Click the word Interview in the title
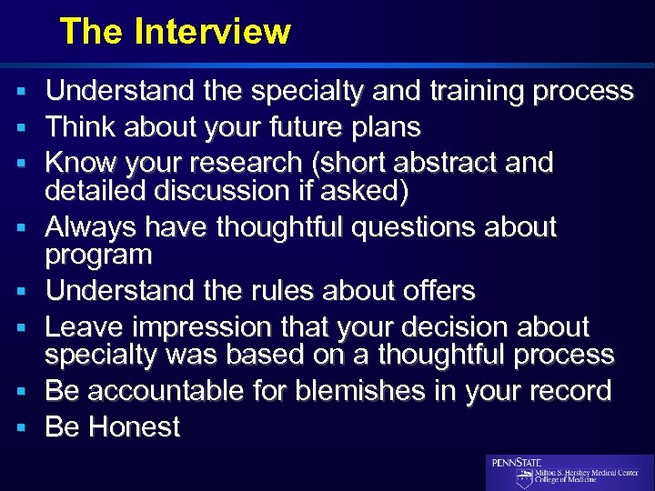212,32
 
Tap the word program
99,256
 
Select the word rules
301,291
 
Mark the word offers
434,291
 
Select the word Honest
135,427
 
